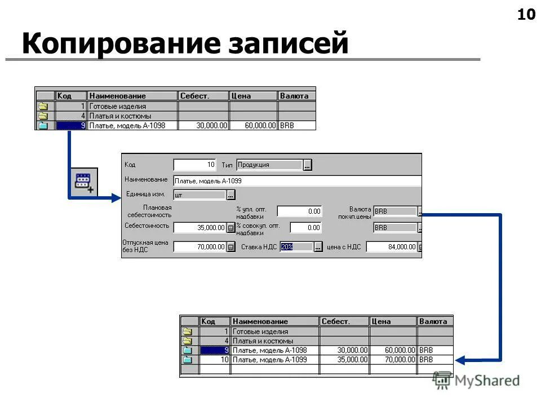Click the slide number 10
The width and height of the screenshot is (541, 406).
[526, 15]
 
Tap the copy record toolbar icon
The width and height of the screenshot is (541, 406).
[84, 183]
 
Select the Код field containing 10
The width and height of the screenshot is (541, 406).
[194, 165]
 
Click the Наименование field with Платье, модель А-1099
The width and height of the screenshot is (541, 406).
[297, 181]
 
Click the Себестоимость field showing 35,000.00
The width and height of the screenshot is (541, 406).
[199, 228]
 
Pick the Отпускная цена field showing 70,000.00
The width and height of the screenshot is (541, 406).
[199, 246]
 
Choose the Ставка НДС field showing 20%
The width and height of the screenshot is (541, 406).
[296, 246]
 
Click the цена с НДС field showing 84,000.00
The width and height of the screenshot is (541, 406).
[392, 246]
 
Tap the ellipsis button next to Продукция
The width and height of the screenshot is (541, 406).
[307, 165]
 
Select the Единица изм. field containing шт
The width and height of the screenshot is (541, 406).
[199, 195]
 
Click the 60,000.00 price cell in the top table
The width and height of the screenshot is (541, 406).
[253, 126]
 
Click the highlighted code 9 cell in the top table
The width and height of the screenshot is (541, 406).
[71, 126]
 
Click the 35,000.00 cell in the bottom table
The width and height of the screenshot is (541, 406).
[344, 359]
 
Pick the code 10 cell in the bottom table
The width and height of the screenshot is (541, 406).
[215, 359]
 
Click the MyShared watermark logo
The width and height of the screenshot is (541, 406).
[477, 381]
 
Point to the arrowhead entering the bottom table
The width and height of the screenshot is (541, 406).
[459, 360]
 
